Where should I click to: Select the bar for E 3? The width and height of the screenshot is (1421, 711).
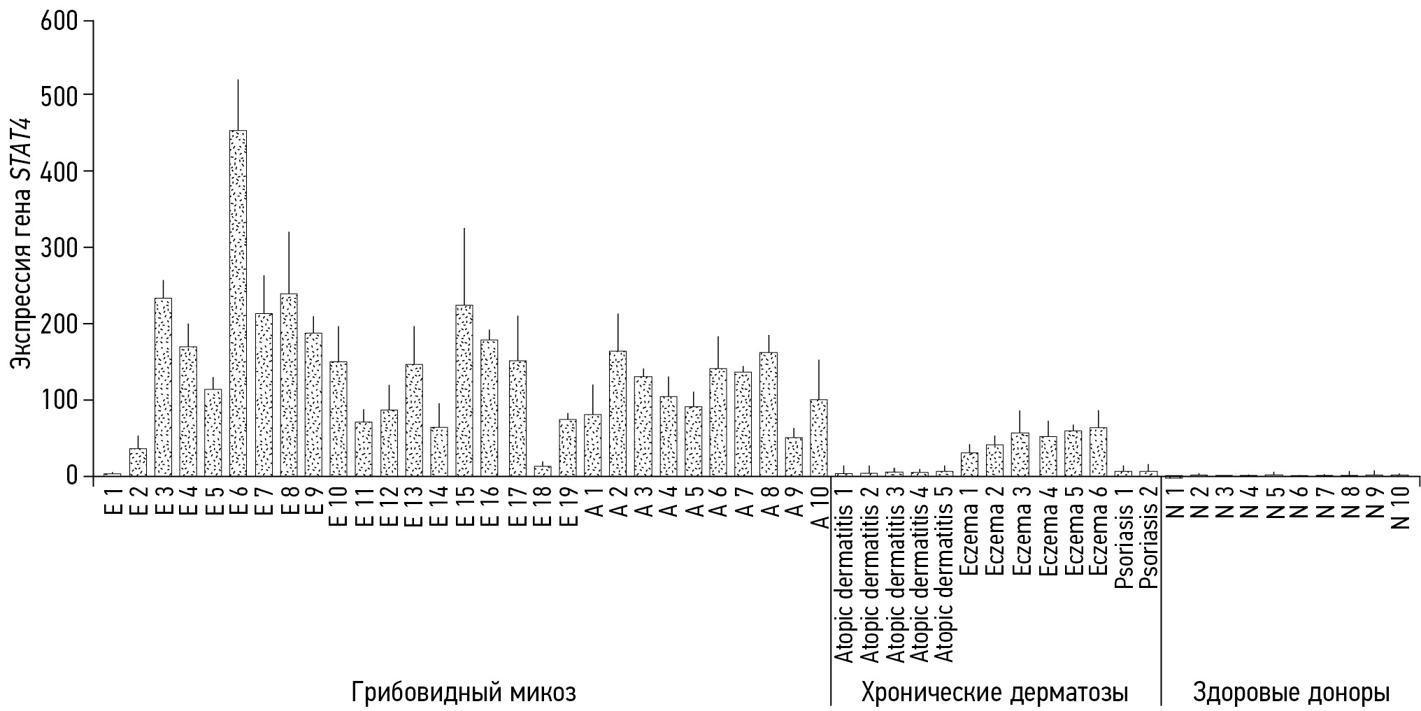click(x=163, y=387)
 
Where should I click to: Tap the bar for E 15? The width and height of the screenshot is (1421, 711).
click(x=464, y=390)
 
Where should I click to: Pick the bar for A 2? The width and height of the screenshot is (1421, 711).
click(x=618, y=413)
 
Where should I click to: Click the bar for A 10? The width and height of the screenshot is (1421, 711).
click(x=819, y=438)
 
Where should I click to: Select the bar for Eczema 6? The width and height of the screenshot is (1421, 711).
click(x=1098, y=452)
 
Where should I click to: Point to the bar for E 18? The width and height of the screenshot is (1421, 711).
click(x=543, y=471)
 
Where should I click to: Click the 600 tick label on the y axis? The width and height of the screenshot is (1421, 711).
click(x=60, y=21)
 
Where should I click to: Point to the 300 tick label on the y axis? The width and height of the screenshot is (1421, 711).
click(x=60, y=247)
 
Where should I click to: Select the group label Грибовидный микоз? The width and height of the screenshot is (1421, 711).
click(x=463, y=692)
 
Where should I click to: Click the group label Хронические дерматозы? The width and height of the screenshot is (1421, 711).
click(x=994, y=692)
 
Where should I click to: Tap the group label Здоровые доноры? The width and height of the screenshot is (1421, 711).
click(x=1291, y=692)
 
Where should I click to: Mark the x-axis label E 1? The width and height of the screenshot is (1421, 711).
click(x=113, y=503)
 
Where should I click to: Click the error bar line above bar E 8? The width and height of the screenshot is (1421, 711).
click(x=289, y=262)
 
